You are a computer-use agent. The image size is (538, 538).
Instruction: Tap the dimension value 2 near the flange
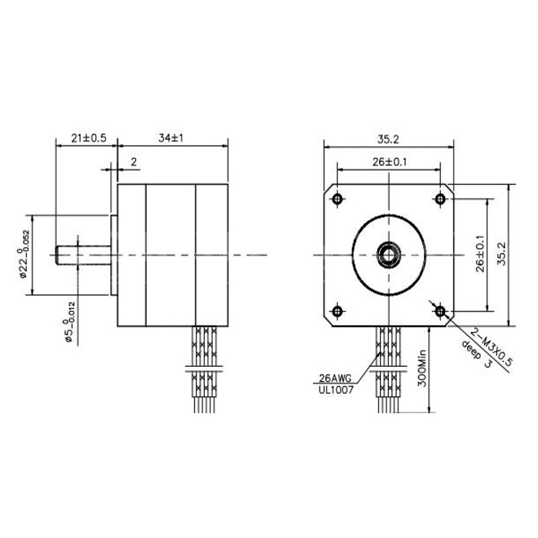point(133,162)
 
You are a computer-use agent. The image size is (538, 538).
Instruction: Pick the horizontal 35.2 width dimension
point(388,139)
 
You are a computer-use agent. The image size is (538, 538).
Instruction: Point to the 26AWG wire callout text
point(335,379)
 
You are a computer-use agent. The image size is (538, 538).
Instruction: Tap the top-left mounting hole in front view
point(337,199)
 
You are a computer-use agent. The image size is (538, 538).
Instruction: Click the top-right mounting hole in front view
point(441,199)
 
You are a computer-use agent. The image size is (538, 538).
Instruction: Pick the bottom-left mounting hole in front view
point(337,310)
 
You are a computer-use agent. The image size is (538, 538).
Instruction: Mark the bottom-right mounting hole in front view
point(441,310)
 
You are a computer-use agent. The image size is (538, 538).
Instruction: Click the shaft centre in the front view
point(389,255)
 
